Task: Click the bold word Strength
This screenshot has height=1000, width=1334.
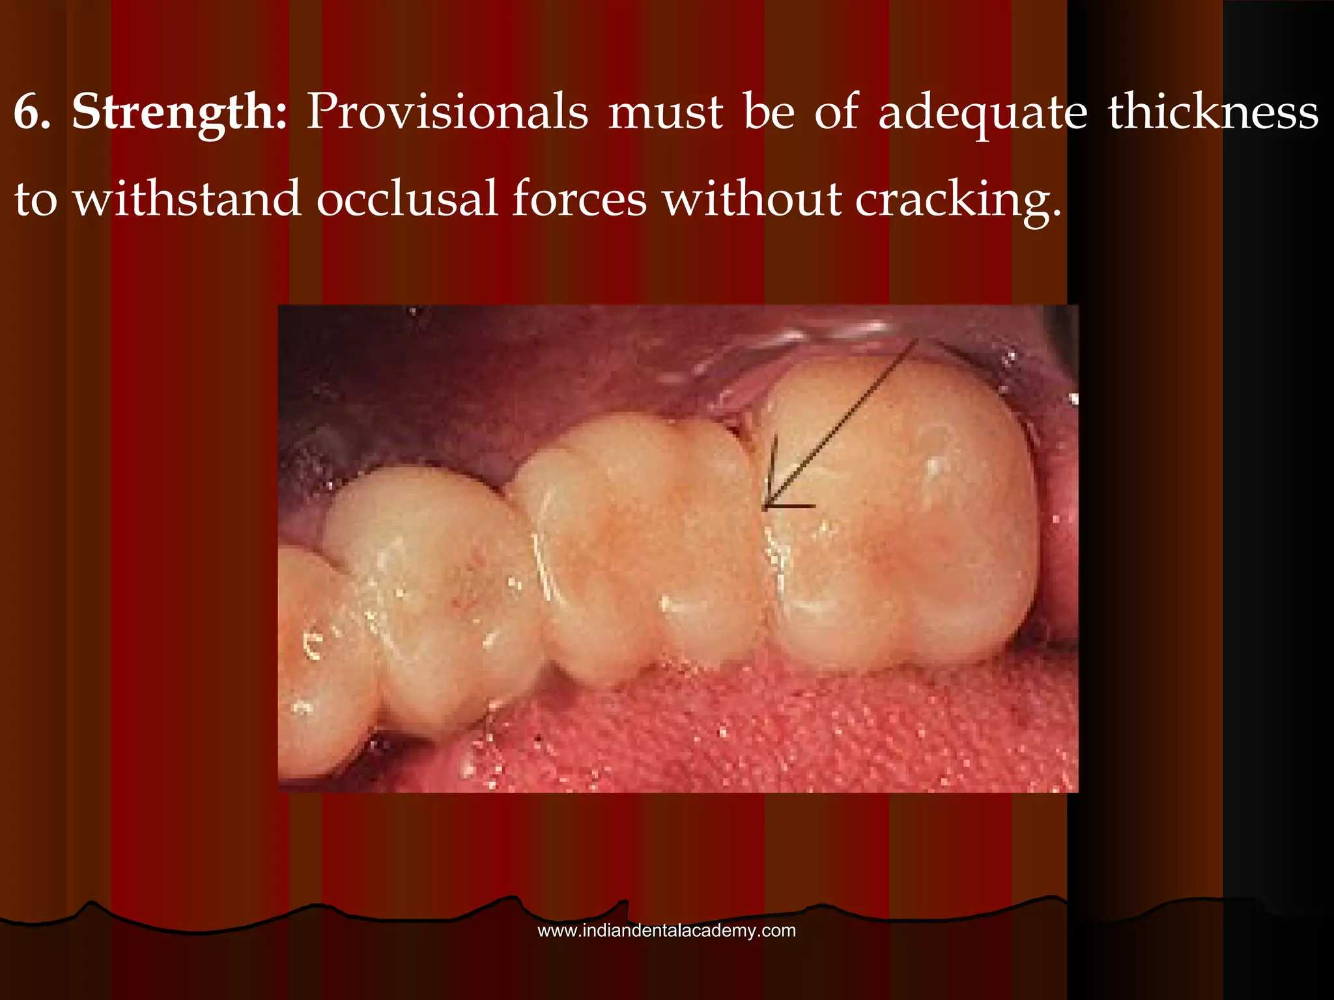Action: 179,112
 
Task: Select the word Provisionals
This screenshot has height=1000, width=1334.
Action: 447,112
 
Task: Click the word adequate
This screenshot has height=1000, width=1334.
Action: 983,112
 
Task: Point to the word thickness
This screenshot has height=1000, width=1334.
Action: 1213,112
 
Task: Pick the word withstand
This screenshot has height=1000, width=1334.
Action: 187,198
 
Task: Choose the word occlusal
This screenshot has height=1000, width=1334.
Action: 407,198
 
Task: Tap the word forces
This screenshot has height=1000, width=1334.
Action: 579,198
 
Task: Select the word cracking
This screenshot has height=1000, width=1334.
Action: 958,199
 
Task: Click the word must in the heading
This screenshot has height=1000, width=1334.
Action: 665,112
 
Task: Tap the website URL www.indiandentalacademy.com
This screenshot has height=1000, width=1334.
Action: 666,930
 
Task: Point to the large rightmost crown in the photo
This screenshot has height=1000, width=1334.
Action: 899,521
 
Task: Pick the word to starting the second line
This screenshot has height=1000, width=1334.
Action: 36,198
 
